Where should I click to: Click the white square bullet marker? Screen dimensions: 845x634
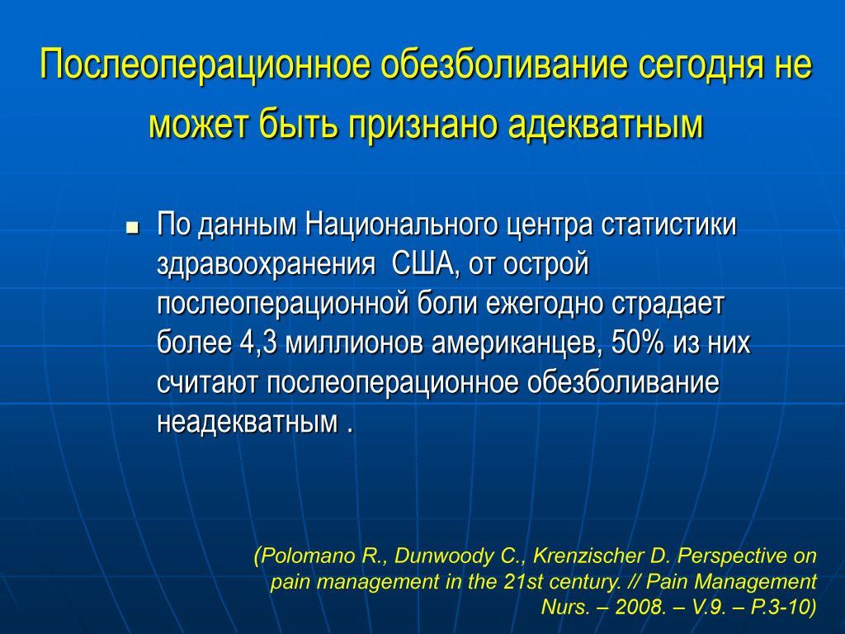tap(132, 229)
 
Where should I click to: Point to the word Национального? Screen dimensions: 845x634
tap(402, 225)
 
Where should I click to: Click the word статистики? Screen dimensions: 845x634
tap(668, 225)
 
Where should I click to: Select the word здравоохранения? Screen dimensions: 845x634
tap(267, 265)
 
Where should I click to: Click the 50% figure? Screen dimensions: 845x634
tap(638, 343)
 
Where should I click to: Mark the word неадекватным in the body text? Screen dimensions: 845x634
tap(248, 423)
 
